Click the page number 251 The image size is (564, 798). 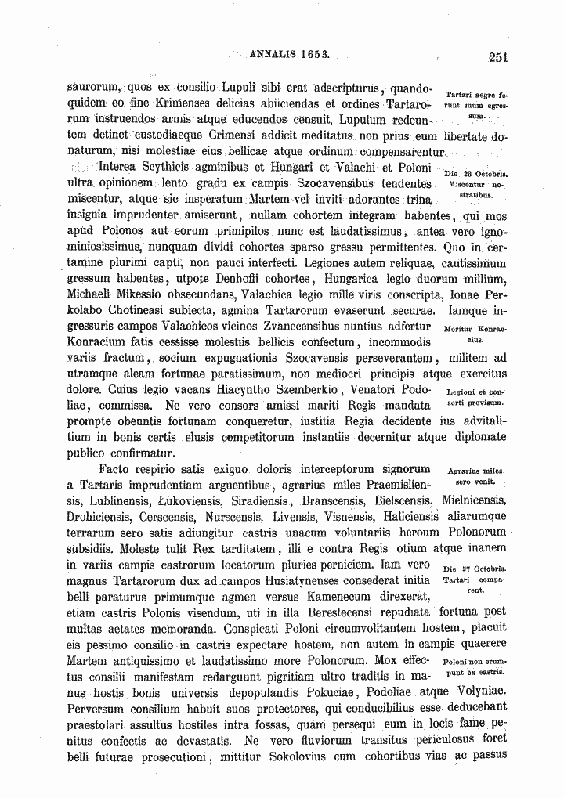pyautogui.click(x=497, y=56)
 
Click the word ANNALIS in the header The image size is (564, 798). pyautogui.click(x=272, y=56)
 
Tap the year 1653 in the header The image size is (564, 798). pyautogui.click(x=314, y=56)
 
